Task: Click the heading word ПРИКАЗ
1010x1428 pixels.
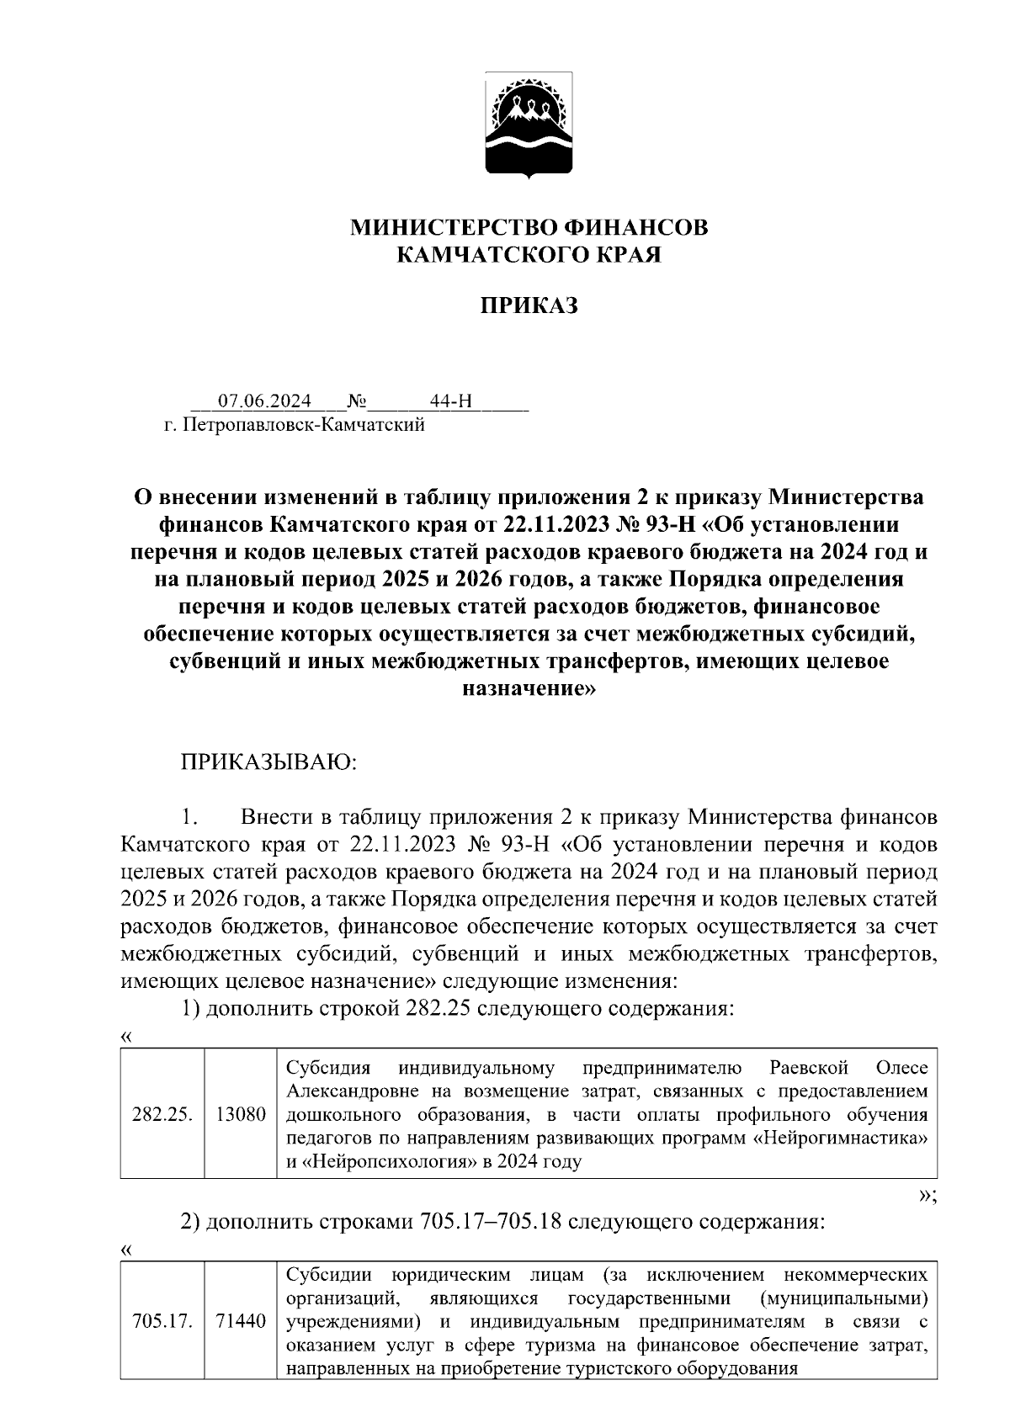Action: coord(529,306)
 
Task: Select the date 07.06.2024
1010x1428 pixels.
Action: coord(264,401)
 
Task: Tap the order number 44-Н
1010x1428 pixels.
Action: coord(450,401)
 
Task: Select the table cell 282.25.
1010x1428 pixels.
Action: coord(162,1115)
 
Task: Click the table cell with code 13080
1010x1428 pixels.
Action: coord(241,1115)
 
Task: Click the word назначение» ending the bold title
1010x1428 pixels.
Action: coord(529,688)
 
